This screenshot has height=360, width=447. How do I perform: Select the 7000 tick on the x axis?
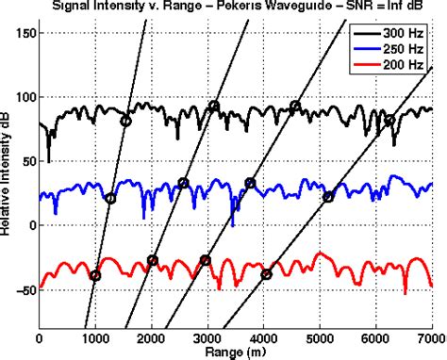pyautogui.click(x=430, y=335)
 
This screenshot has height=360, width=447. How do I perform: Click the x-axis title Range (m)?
pyautogui.click(x=234, y=351)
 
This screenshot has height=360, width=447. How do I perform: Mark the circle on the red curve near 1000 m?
pyautogui.click(x=94, y=275)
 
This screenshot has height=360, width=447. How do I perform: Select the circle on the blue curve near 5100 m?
pyautogui.click(x=328, y=197)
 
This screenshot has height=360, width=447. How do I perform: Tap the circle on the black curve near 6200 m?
pyautogui.click(x=389, y=121)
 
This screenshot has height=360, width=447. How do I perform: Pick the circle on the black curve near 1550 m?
pyautogui.click(x=126, y=121)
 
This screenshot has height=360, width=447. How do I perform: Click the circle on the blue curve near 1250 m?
pyautogui.click(x=110, y=199)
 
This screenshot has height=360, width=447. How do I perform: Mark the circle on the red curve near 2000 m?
pyautogui.click(x=153, y=260)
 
